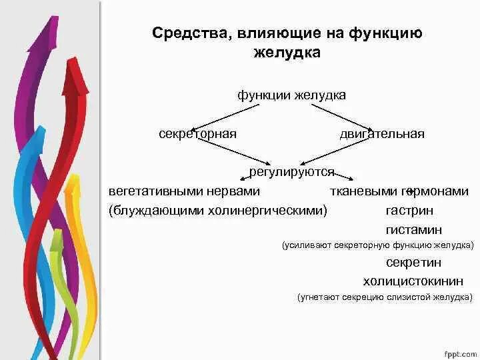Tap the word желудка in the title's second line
pos(287,52)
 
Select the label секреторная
pos(198,134)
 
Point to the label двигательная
pos(382,134)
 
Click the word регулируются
pos(291,172)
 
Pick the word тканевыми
pos(364,191)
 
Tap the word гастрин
pos(409,211)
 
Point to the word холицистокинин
pos(413,281)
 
